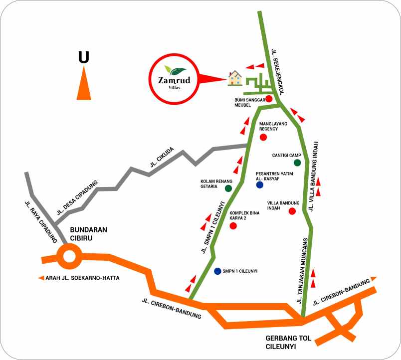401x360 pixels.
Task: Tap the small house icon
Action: [234, 78]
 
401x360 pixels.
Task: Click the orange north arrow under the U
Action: [84, 83]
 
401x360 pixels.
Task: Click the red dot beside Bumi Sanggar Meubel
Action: [269, 99]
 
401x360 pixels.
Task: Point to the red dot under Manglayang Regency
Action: [263, 137]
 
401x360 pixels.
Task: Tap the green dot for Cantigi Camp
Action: [297, 163]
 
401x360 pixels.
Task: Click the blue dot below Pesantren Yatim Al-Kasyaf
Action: [259, 185]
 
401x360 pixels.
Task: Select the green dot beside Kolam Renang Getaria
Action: [228, 188]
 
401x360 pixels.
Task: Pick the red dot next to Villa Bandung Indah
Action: [292, 211]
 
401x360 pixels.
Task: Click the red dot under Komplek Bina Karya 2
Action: [232, 226]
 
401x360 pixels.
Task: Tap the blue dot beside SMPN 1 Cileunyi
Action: [217, 271]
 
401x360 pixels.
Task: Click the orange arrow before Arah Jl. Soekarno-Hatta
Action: [41, 278]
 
